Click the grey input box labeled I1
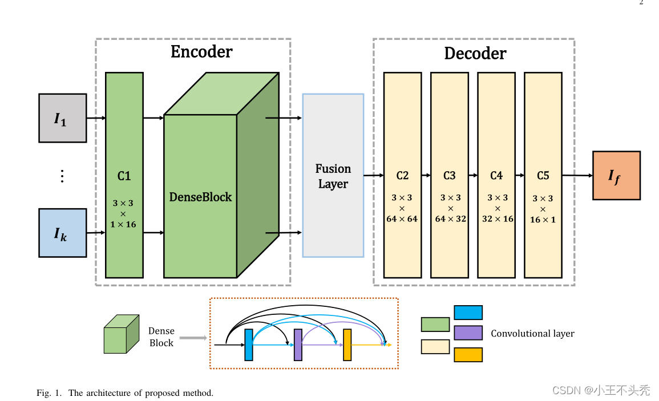62,118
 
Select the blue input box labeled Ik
62,233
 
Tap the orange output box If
616,176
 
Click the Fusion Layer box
333,176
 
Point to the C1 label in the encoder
124,176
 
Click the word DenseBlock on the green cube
200,197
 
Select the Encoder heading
201,52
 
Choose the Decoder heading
475,54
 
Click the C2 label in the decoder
402,176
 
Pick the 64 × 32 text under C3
450,218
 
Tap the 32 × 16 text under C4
497,218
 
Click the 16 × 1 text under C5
543,219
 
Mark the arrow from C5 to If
577,176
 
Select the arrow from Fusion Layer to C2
373,176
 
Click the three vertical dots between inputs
62,176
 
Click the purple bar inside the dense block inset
298,345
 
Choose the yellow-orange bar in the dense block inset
347,345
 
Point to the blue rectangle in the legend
468,313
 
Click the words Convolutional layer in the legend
532,334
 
